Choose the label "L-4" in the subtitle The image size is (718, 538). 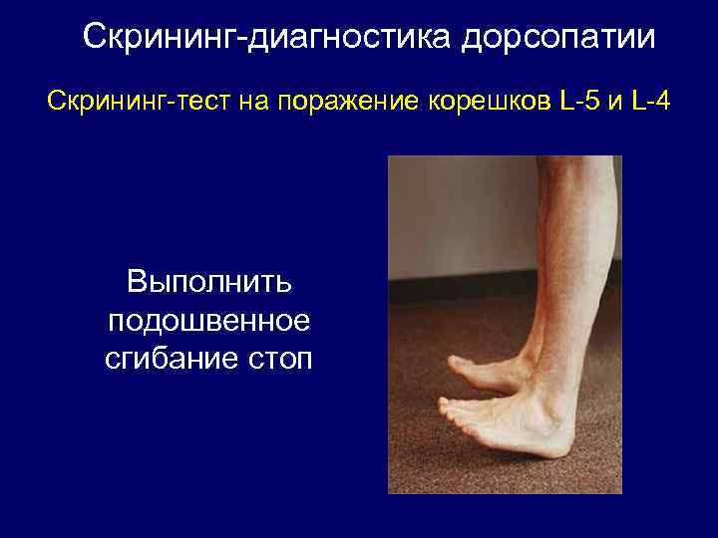653,102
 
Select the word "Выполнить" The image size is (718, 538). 208,283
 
